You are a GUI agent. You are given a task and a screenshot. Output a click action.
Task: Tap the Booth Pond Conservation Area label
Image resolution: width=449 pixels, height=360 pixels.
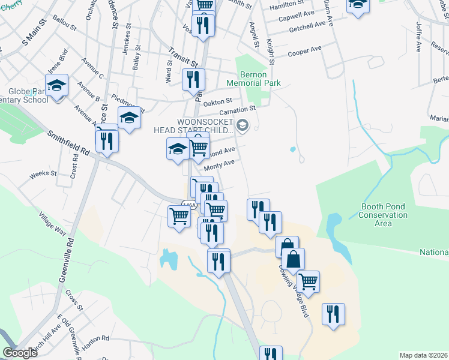pos(384,215)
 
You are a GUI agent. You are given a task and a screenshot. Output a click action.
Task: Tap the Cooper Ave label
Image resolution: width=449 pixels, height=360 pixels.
pos(304,51)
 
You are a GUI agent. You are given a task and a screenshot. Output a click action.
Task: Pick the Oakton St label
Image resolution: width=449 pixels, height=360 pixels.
pos(217,104)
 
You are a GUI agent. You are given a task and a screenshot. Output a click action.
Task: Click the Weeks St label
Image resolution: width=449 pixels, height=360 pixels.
pos(43,174)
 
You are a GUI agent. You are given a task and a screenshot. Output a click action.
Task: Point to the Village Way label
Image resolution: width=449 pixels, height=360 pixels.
pos(52,224)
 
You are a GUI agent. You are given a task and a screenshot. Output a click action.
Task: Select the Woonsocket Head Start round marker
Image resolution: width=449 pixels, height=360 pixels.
pos(243,125)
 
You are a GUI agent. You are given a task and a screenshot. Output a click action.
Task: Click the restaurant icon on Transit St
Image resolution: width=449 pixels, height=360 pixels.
pos(193,79)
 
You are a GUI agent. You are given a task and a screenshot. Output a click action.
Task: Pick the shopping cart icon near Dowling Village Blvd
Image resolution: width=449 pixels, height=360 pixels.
pos(308,281)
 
